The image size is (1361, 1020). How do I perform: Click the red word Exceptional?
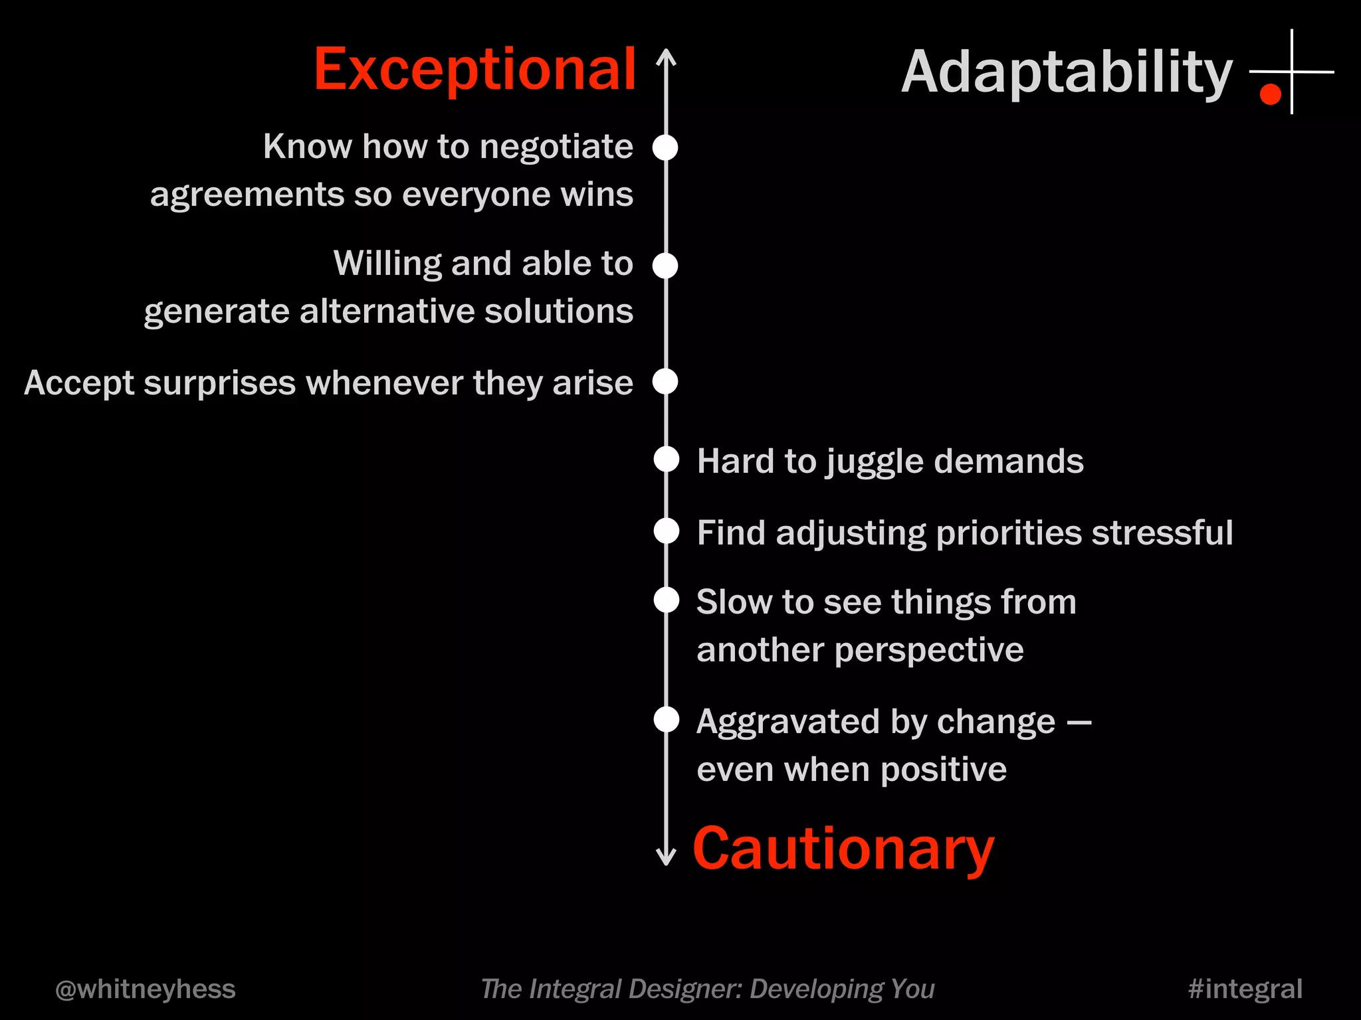(x=474, y=70)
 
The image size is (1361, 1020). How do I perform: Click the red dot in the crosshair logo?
(x=1270, y=94)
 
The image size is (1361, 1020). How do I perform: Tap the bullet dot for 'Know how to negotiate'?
(x=665, y=147)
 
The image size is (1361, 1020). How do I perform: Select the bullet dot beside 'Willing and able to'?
(x=665, y=266)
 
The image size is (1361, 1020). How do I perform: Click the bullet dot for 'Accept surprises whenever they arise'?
(x=665, y=382)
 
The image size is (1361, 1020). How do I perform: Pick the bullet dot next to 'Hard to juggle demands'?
(x=667, y=460)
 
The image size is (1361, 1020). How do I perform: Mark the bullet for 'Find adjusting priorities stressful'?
(x=667, y=531)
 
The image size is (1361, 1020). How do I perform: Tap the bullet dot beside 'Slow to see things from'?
(x=667, y=600)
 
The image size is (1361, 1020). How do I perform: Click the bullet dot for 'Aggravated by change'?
(x=667, y=720)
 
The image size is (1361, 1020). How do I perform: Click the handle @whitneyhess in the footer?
(x=146, y=989)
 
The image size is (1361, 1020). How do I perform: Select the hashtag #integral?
(x=1245, y=989)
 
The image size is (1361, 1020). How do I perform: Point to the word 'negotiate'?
(x=556, y=147)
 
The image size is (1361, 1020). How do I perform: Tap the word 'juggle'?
(x=875, y=462)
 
